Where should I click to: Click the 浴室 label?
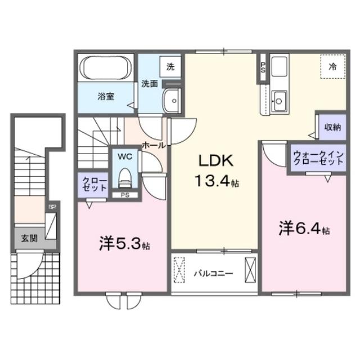(107, 96)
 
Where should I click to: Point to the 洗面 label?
(149, 84)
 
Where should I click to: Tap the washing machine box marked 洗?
(170, 66)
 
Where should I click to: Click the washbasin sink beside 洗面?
(171, 102)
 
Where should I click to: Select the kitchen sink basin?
(279, 102)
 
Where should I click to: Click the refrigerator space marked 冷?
(332, 66)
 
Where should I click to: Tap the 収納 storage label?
(332, 127)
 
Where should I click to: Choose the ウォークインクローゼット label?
(318, 156)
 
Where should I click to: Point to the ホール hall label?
(154, 145)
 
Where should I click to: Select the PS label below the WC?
(124, 195)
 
